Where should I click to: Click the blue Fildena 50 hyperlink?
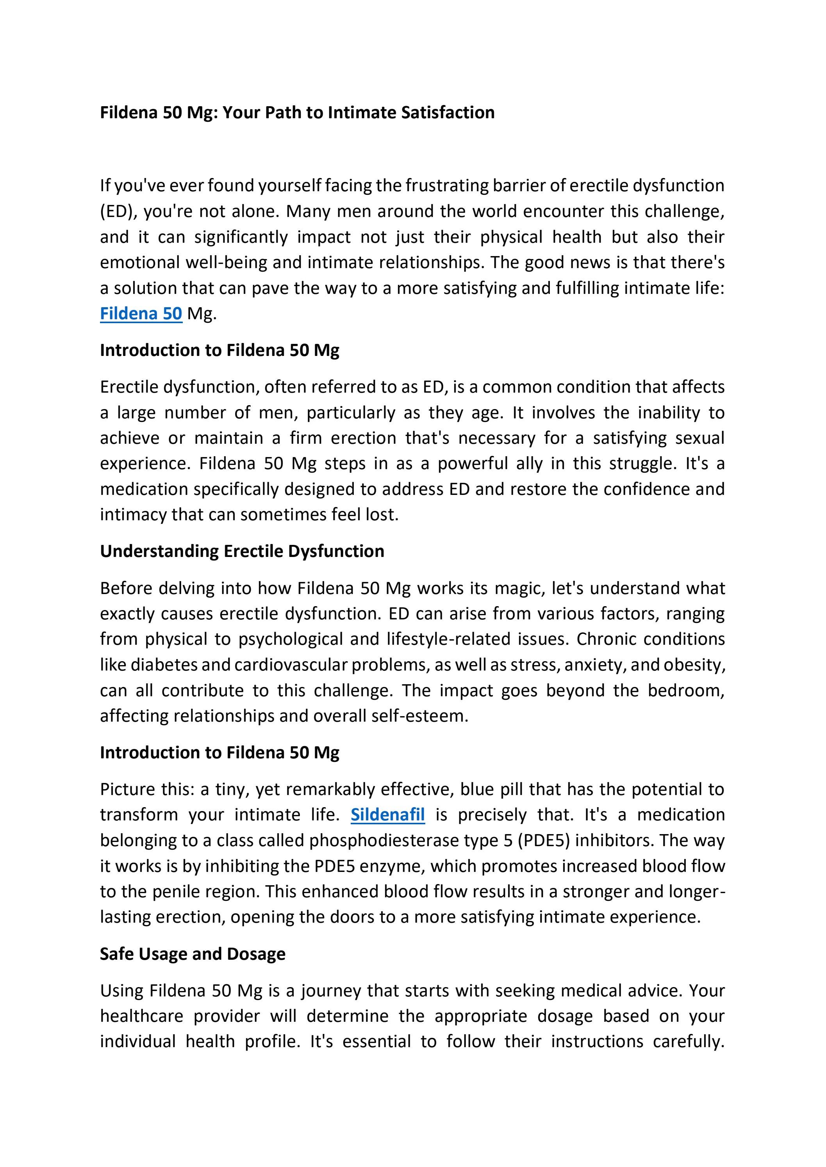click(x=141, y=313)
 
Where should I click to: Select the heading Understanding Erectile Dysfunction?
click(x=242, y=551)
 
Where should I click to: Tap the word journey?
click(x=331, y=991)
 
